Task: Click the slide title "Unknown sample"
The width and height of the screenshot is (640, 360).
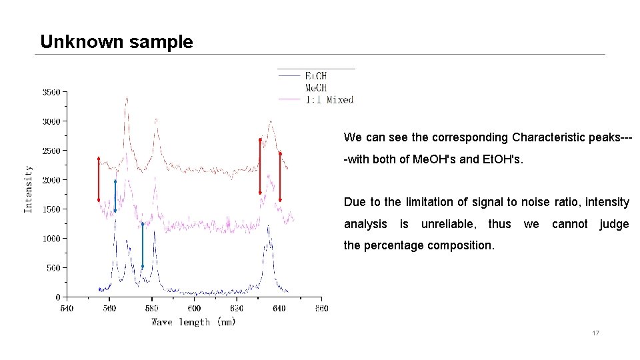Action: [x=117, y=42]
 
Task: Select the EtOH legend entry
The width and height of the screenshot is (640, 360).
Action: [x=315, y=76]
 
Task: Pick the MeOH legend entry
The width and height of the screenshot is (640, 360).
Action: [x=315, y=88]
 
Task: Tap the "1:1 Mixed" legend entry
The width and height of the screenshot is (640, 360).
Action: [x=329, y=100]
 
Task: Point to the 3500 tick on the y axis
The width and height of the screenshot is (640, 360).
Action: [x=51, y=92]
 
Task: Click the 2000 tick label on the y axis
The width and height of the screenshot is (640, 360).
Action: [x=51, y=180]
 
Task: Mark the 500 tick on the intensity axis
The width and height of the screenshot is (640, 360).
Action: [x=53, y=268]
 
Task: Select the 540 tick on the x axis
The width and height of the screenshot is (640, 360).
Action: [x=67, y=309]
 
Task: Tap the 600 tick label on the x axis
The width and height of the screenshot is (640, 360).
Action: [x=194, y=309]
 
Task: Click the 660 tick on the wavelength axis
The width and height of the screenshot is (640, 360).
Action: [x=321, y=309]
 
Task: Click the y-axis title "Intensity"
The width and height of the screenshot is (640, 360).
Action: [x=28, y=189]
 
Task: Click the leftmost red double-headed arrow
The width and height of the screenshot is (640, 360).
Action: [x=99, y=179]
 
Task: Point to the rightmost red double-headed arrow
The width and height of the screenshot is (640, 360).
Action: [x=280, y=176]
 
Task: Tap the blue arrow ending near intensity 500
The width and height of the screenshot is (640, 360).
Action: [x=143, y=245]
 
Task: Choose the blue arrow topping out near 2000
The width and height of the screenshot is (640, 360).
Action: [x=115, y=196]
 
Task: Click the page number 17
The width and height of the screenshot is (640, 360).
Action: [x=595, y=333]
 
